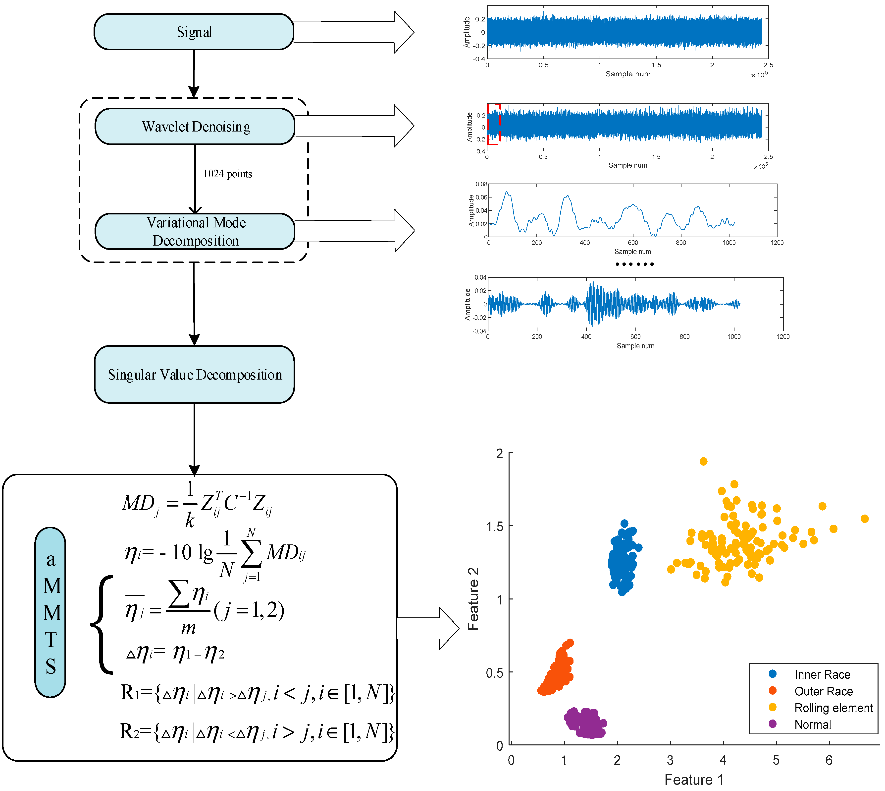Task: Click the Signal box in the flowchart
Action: [x=194, y=32]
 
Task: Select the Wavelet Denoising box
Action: [x=195, y=127]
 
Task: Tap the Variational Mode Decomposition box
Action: [x=195, y=231]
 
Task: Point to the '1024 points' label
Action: [x=228, y=174]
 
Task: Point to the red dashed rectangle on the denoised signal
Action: [x=494, y=124]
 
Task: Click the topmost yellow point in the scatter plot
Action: [x=703, y=461]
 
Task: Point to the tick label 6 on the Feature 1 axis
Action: [x=829, y=760]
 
